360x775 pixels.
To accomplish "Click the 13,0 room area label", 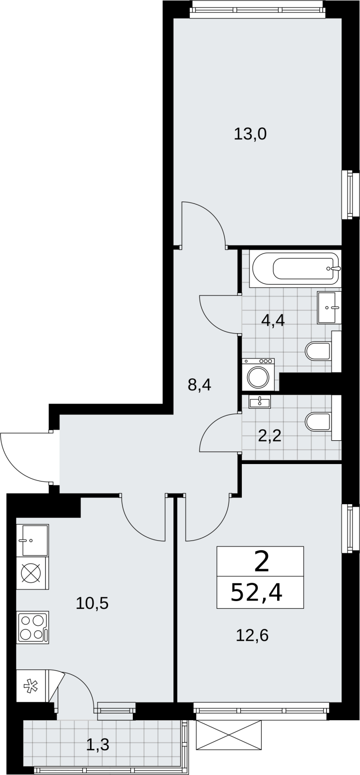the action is (250, 134).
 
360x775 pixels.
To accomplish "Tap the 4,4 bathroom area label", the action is (273, 321).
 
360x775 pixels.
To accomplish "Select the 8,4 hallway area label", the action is (200, 385).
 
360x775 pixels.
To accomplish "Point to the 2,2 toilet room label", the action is (269, 436).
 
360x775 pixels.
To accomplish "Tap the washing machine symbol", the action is (259, 375).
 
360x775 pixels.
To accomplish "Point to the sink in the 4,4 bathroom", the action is (329, 307).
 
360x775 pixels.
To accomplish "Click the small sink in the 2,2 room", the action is (260, 402).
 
